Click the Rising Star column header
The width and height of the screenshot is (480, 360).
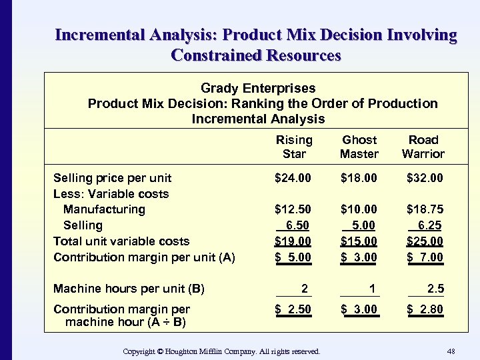click(x=294, y=147)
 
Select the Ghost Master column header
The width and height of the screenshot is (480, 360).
click(x=359, y=147)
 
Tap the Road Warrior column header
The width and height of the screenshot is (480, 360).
click(x=423, y=147)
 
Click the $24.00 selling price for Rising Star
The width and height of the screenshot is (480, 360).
click(x=294, y=178)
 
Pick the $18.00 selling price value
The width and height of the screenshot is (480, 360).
click(x=359, y=178)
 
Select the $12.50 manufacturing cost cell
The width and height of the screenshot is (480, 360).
click(x=294, y=209)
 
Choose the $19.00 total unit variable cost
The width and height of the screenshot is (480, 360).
click(x=294, y=241)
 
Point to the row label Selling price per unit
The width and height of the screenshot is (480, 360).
click(x=112, y=178)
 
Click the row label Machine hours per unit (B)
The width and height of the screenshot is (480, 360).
click(x=129, y=289)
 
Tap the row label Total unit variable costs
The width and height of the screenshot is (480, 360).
click(x=121, y=241)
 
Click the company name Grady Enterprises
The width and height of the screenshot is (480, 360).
click(x=258, y=88)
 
